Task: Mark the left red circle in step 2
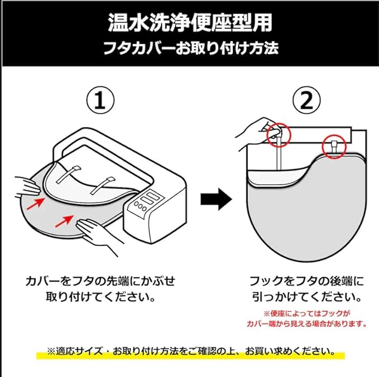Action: (277, 134)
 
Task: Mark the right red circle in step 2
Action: (335, 146)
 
